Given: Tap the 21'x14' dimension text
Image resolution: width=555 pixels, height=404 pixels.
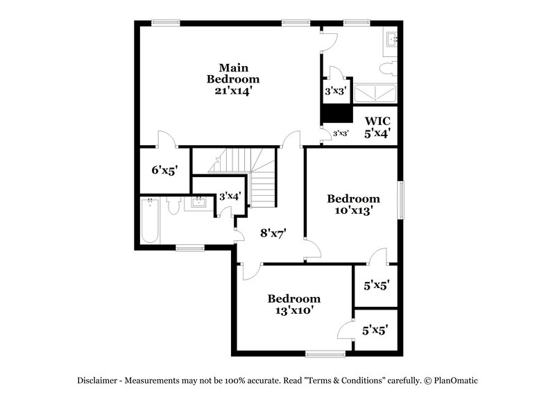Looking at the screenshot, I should pos(234,90).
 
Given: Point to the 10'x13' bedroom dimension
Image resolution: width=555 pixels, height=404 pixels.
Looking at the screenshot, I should pos(354,210).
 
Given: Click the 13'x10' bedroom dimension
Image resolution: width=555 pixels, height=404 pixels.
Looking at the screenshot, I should pos(294,310).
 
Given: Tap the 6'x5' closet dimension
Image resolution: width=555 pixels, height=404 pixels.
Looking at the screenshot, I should pos(165,169).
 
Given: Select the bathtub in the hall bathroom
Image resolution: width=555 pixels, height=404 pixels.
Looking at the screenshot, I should pos(151,221).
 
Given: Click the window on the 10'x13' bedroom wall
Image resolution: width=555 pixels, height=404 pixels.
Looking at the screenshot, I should pos(400,201).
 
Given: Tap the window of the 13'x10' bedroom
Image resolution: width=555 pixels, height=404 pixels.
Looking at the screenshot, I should pos(325,354).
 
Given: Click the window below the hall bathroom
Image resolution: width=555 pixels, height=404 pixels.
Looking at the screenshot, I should pos(189,247).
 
